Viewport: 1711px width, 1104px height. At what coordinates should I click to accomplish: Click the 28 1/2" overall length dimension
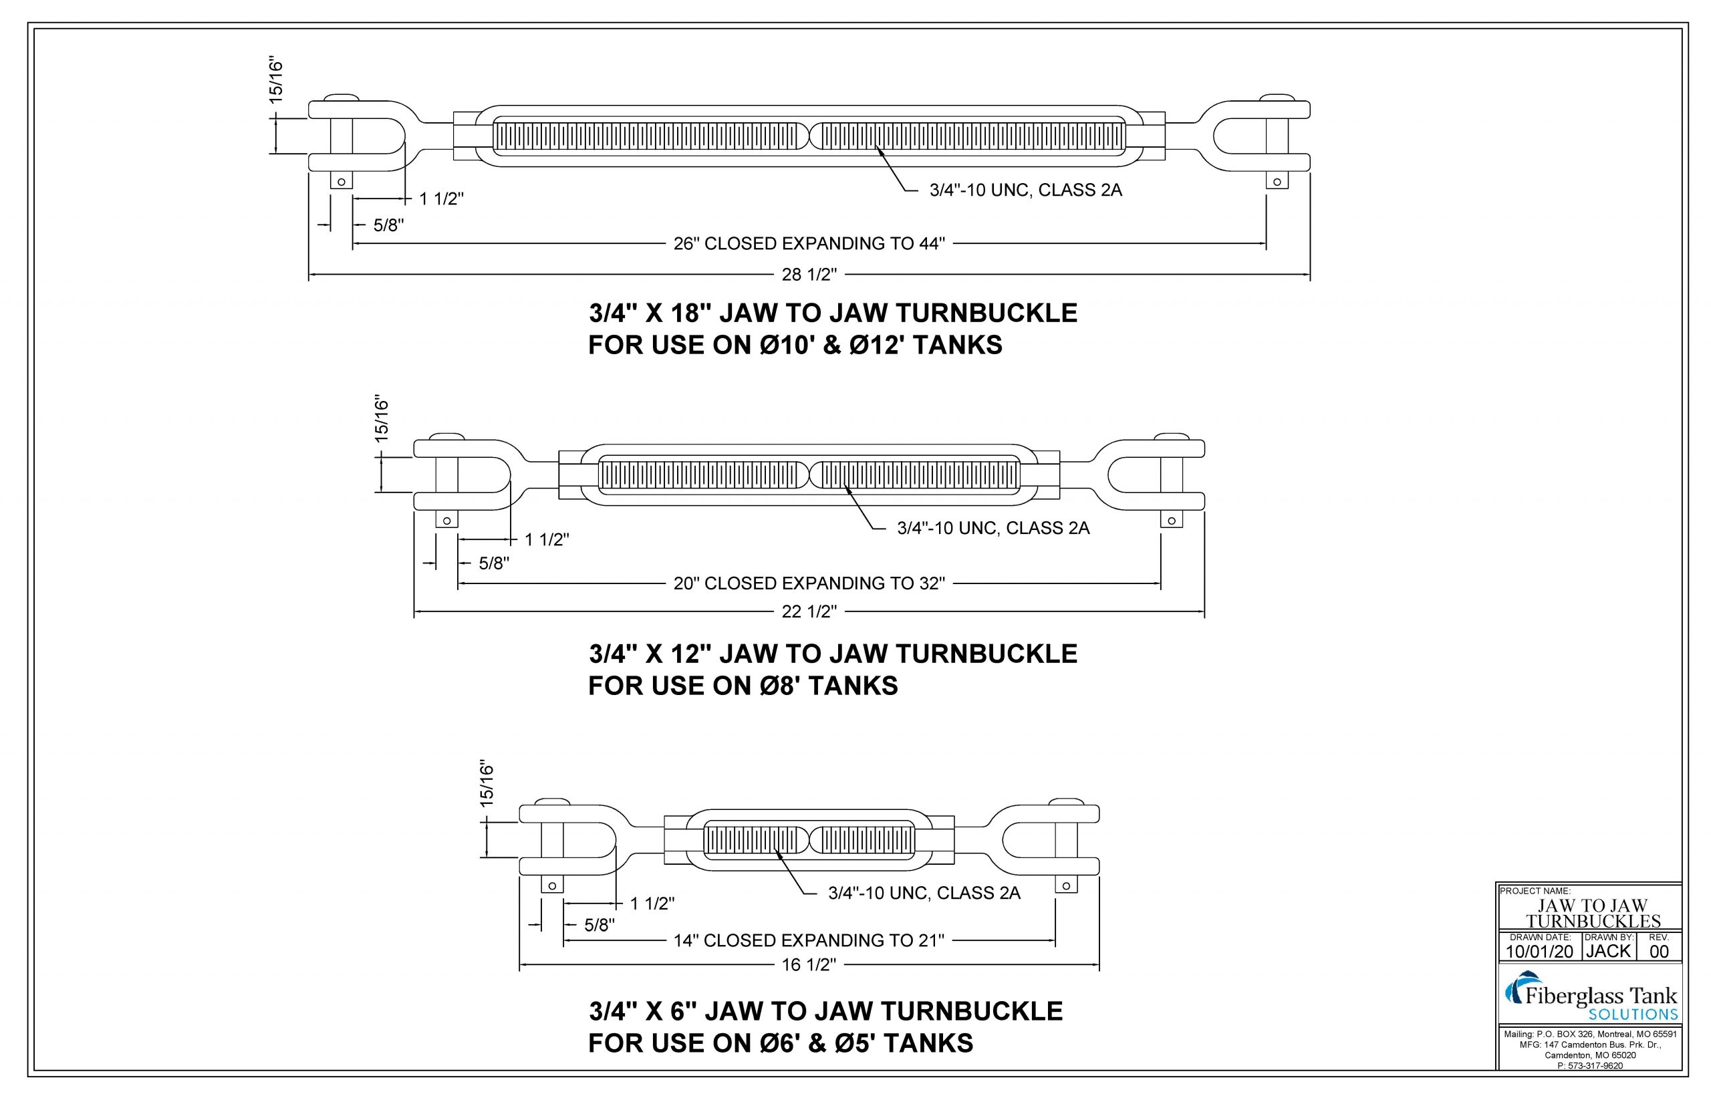pyautogui.click(x=809, y=275)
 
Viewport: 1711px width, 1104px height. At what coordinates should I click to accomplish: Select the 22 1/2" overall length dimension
pyautogui.click(x=809, y=611)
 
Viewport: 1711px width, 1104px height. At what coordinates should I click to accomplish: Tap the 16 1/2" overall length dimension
pyautogui.click(x=809, y=965)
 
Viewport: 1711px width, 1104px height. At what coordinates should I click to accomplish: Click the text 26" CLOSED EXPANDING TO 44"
pyautogui.click(x=809, y=244)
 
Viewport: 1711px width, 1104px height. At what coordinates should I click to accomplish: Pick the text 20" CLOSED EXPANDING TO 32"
pyautogui.click(x=809, y=583)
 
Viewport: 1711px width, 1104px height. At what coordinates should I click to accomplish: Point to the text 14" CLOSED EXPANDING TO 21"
pyautogui.click(x=809, y=940)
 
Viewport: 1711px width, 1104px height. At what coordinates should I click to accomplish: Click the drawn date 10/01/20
pyautogui.click(x=1539, y=952)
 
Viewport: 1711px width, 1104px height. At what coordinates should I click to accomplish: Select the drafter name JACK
pyautogui.click(x=1608, y=952)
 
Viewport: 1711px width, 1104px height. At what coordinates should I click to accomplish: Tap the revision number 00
pyautogui.click(x=1659, y=952)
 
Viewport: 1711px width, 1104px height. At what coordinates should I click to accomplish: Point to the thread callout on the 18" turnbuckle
pyautogui.click(x=1025, y=190)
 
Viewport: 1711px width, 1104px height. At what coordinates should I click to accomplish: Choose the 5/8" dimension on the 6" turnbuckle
pyautogui.click(x=600, y=926)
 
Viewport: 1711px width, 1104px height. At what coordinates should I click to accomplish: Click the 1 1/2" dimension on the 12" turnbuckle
pyautogui.click(x=546, y=540)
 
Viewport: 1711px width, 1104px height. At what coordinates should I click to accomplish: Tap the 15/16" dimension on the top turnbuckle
pyautogui.click(x=277, y=82)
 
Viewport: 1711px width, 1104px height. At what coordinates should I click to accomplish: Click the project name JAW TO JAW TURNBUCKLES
pyautogui.click(x=1592, y=914)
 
